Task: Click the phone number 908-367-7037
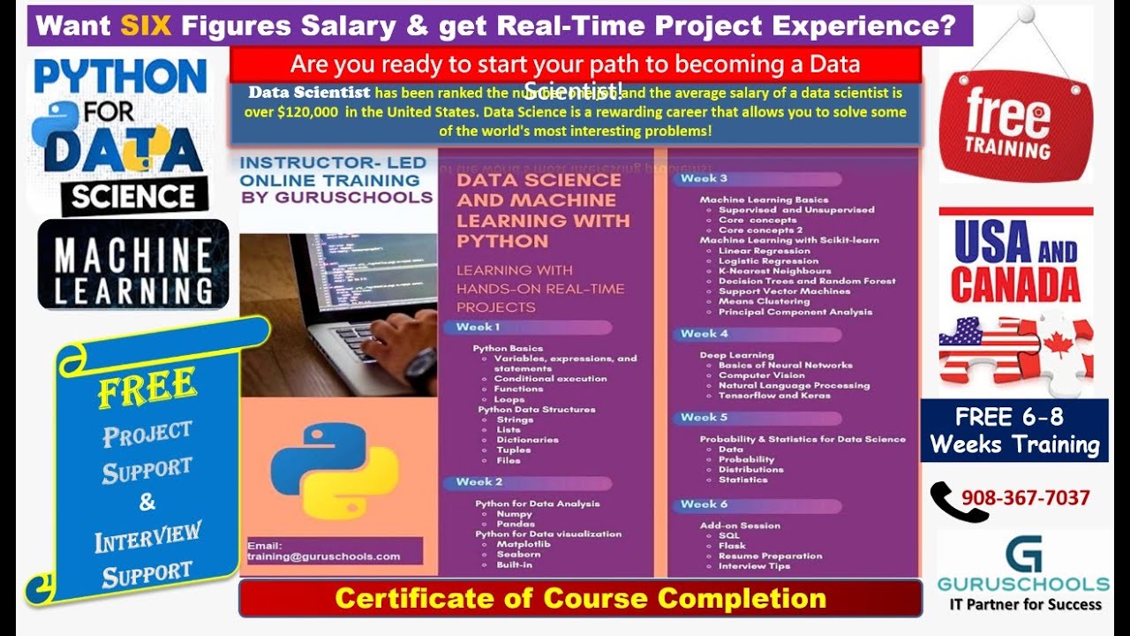(x=1025, y=498)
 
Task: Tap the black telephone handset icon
(x=956, y=501)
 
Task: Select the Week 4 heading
(x=704, y=334)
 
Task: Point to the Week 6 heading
(x=704, y=504)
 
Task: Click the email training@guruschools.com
(x=324, y=556)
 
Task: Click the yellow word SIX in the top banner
(x=147, y=26)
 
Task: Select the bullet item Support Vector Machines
(x=784, y=291)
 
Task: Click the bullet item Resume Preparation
(x=770, y=556)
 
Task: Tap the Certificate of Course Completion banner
(x=580, y=599)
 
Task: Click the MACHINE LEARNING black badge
(x=133, y=264)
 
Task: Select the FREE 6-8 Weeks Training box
(x=1014, y=430)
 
